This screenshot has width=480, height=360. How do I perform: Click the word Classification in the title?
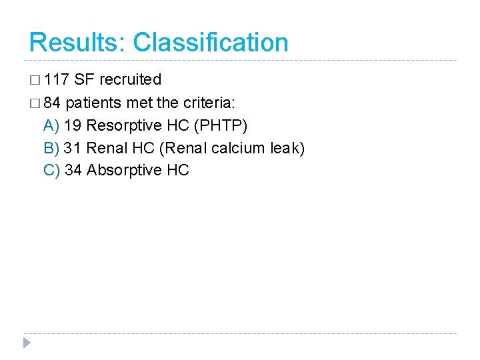[x=211, y=42]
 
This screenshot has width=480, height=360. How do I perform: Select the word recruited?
[x=130, y=80]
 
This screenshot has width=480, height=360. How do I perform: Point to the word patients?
[x=95, y=103]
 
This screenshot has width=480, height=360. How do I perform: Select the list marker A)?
[x=51, y=125]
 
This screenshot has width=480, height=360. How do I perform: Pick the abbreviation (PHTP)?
[x=220, y=125]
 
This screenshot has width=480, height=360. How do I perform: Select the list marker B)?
[x=51, y=148]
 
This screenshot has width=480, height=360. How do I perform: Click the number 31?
[x=73, y=148]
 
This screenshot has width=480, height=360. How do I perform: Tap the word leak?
[x=288, y=148]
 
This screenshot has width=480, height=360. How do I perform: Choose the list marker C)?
[x=51, y=171]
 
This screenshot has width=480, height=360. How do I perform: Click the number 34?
[x=73, y=171]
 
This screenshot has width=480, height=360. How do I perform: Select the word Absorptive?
[x=124, y=171]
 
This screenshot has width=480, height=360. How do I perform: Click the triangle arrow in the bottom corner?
[x=26, y=343]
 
